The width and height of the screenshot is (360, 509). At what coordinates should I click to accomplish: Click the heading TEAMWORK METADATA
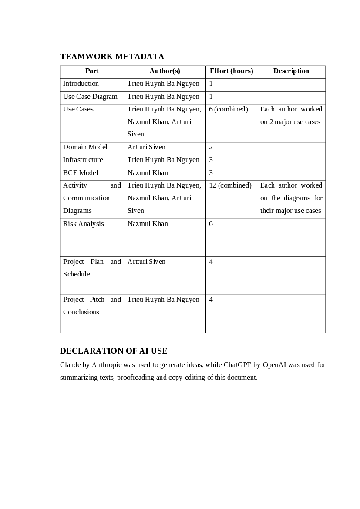112,57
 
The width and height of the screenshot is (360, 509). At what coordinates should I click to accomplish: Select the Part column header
92,71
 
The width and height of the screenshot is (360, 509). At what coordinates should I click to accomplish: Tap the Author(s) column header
165,71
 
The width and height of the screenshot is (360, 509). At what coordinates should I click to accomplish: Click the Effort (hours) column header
231,71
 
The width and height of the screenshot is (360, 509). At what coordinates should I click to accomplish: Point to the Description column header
291,71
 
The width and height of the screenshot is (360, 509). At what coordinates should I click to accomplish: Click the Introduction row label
81,84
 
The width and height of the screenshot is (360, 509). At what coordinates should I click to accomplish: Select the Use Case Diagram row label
90,97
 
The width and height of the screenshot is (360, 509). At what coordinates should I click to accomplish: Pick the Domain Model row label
85,147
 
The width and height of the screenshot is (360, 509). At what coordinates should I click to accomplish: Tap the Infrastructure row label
83,160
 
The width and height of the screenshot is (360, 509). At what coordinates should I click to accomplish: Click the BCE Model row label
79,173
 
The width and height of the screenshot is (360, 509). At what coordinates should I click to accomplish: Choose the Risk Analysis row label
84,224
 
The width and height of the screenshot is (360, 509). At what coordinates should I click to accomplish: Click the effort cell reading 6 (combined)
228,109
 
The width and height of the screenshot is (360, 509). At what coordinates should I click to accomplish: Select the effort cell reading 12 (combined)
230,185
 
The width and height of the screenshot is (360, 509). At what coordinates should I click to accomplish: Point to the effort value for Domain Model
211,147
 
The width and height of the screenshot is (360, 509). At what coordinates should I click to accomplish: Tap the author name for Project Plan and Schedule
146,262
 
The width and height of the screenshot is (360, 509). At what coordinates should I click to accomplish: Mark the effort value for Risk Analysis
211,224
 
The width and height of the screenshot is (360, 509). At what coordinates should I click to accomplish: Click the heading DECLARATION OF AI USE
114,351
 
